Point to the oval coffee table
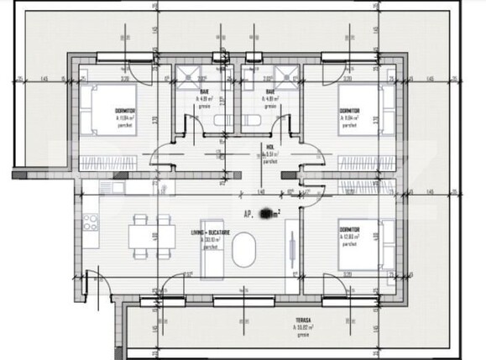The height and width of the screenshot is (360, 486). click(247, 250)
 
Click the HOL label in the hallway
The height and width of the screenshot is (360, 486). click(270, 145)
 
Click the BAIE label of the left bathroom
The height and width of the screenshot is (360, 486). click(205, 91)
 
